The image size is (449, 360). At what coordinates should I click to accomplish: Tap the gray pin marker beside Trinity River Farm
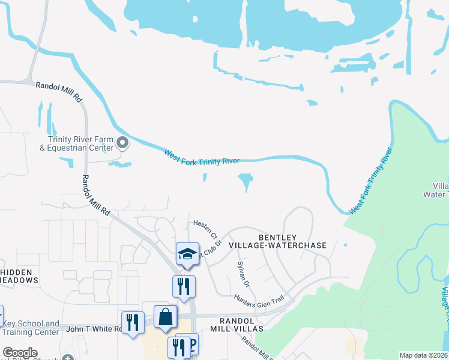(x=122, y=143)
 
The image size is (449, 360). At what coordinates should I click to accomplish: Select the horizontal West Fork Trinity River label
(x=202, y=158)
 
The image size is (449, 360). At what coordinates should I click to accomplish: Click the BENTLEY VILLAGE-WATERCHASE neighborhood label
(x=292, y=242)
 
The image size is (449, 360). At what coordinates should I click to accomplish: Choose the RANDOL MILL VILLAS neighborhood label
(x=237, y=325)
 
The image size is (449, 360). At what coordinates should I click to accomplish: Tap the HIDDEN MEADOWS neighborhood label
(x=19, y=276)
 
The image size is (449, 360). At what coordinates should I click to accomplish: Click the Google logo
(x=20, y=353)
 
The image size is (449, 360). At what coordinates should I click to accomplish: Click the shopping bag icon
(x=165, y=317)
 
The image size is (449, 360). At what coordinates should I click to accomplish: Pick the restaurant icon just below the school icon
(x=184, y=287)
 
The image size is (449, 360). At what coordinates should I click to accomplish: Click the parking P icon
(x=192, y=344)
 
